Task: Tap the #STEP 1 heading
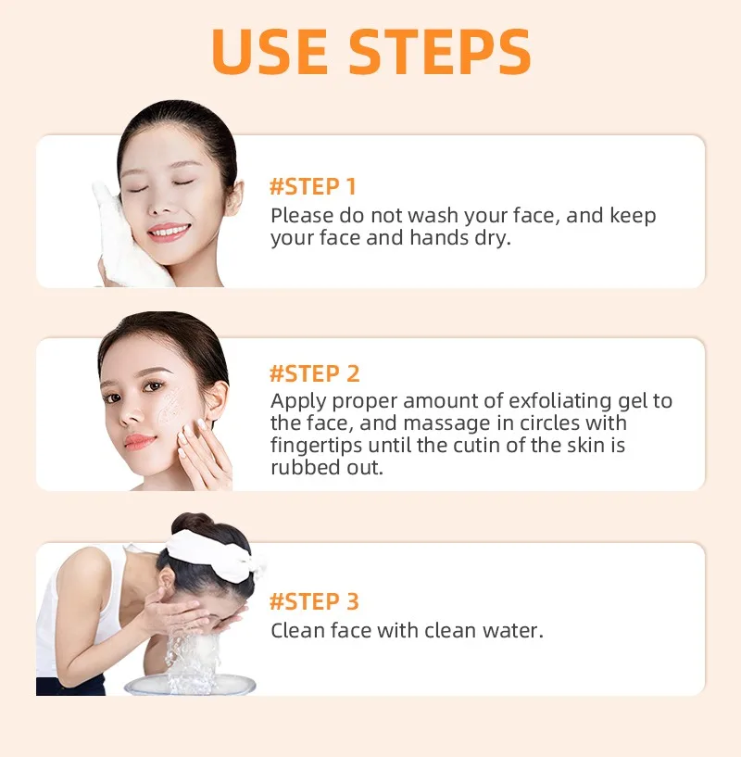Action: click(x=313, y=186)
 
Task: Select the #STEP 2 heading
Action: click(x=314, y=373)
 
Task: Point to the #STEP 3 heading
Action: click(x=314, y=601)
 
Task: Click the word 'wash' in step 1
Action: click(x=429, y=216)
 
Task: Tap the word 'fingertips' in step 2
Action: click(x=315, y=446)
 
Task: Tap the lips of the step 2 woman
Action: click(x=140, y=441)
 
